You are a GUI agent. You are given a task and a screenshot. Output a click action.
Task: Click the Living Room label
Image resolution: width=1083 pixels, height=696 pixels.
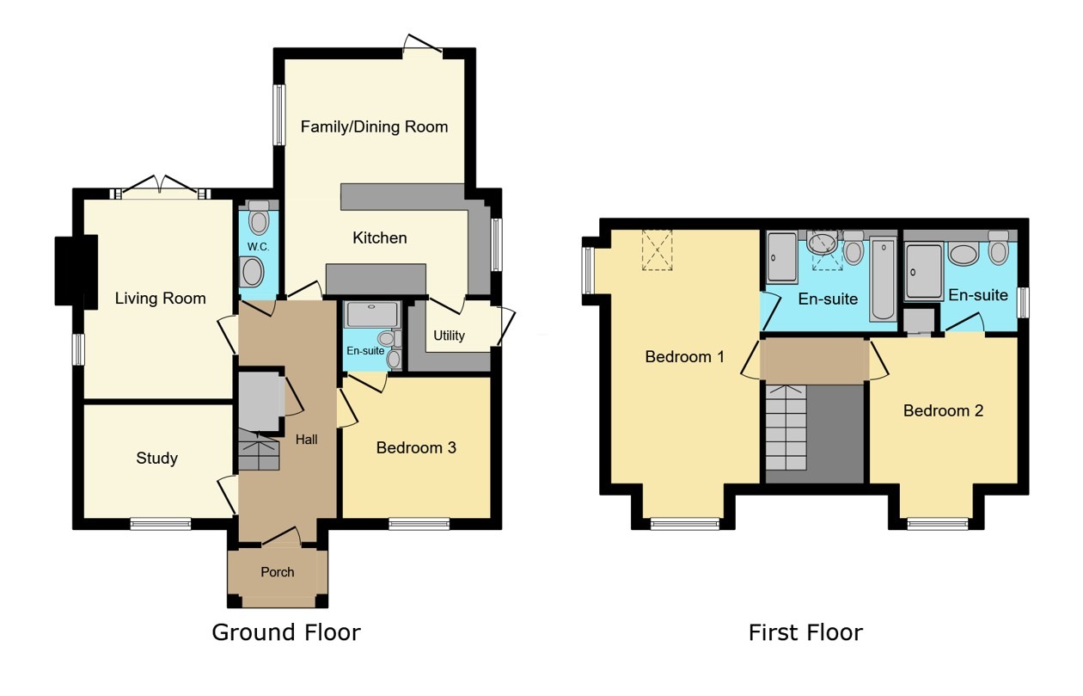161,299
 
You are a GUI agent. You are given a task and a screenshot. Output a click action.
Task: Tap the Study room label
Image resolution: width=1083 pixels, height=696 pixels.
157,458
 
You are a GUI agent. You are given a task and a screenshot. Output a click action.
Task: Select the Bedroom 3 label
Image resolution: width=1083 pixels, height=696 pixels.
416,447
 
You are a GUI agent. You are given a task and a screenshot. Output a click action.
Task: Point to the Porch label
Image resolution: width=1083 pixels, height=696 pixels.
277,572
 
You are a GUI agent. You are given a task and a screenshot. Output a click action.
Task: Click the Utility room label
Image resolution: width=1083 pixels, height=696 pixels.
449,336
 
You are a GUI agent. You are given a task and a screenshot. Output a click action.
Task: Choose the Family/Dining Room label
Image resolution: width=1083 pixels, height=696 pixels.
374,126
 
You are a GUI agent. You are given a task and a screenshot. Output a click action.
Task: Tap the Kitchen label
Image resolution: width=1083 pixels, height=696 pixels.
380,237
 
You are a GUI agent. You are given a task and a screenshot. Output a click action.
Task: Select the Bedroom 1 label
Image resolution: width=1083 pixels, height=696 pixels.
685,356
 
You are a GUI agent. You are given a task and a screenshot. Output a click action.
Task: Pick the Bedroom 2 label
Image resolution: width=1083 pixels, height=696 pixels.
943,410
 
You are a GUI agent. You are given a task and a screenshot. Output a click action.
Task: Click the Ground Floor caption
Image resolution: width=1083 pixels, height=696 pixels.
286,632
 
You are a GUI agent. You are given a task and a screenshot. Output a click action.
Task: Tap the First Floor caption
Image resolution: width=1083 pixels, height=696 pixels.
805,632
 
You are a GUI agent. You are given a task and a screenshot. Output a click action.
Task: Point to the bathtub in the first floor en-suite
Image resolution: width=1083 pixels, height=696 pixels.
883,280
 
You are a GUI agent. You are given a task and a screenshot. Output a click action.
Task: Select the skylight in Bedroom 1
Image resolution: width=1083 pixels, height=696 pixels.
659,251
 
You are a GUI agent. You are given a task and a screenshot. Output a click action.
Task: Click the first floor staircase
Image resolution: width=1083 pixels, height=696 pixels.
786,428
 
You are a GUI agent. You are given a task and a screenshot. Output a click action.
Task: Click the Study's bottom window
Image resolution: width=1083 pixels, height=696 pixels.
161,523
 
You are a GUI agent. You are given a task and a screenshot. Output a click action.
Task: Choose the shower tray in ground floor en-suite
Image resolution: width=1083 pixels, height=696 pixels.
371,314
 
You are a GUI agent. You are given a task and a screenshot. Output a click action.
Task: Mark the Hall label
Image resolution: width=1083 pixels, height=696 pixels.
307,440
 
